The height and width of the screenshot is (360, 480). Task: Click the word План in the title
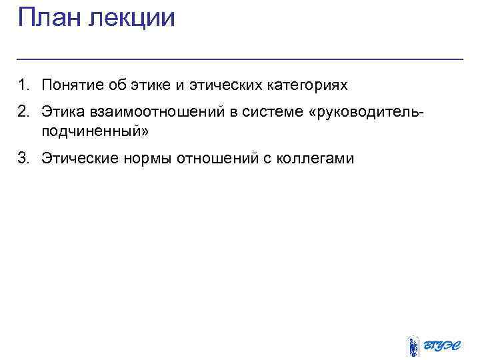(49, 17)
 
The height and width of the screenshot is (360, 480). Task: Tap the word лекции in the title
(131, 18)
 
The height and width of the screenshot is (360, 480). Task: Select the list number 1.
(23, 85)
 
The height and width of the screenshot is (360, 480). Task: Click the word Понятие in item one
(69, 85)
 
